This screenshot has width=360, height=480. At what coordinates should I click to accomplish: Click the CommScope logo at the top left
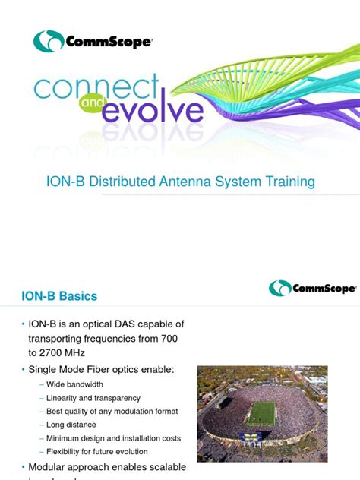[93, 41]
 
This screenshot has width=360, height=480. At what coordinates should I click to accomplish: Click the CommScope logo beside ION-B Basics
[311, 289]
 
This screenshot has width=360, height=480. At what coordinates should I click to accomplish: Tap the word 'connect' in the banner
[96, 90]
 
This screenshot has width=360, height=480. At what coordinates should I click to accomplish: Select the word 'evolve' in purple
[152, 112]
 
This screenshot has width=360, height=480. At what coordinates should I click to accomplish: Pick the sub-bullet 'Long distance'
[75, 425]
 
